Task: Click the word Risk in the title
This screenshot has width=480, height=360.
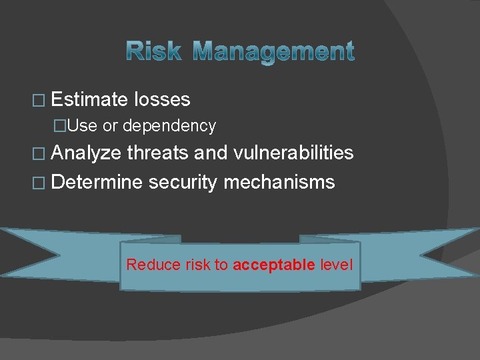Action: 153,51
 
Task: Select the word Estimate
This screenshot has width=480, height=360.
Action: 89,100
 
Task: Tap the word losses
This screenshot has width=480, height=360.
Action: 162,100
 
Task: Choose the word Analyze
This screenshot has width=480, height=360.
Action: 86,153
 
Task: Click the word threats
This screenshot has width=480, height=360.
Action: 158,153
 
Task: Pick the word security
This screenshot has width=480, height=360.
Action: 184,181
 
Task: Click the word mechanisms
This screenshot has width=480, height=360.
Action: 279,181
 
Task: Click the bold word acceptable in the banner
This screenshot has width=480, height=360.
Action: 274,265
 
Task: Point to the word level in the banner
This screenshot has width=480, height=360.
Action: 337,265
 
